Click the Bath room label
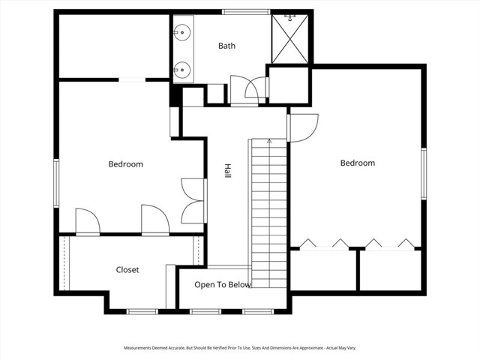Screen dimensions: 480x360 [x=226, y=46]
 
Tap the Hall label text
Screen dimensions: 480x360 [x=227, y=171]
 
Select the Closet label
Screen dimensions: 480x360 [x=127, y=270]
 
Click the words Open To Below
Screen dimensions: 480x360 [x=223, y=285]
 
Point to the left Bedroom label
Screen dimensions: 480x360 [x=125, y=164]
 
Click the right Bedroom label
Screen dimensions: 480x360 [x=358, y=163]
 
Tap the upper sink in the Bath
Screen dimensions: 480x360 [x=182, y=32]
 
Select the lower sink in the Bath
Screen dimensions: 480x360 [x=182, y=70]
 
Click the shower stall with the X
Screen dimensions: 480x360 [x=290, y=39]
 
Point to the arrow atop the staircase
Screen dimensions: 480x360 [x=269, y=142]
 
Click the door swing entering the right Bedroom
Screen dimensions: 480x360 [x=303, y=128]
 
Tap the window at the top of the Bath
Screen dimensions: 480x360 [x=246, y=12]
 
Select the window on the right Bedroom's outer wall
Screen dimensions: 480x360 [x=424, y=173]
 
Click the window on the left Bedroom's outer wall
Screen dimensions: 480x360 [x=56, y=183]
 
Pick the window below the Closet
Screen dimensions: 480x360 [x=142, y=312]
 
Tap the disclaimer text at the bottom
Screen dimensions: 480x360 [x=240, y=348]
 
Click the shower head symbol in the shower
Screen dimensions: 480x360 [x=289, y=17]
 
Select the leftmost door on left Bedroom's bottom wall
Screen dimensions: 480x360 [x=88, y=222]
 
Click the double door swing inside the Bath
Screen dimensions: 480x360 [x=248, y=90]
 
